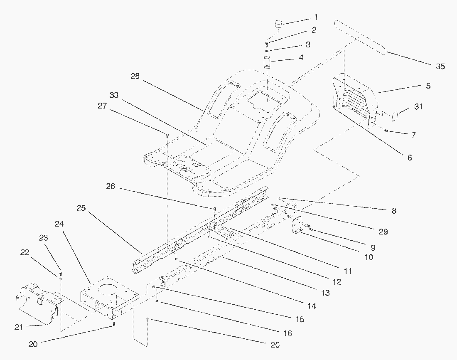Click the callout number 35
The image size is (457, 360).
[440, 67]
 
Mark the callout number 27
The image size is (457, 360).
[102, 106]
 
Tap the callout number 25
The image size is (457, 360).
[82, 208]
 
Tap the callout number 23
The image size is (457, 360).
[44, 238]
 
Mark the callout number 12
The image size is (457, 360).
[337, 282]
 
